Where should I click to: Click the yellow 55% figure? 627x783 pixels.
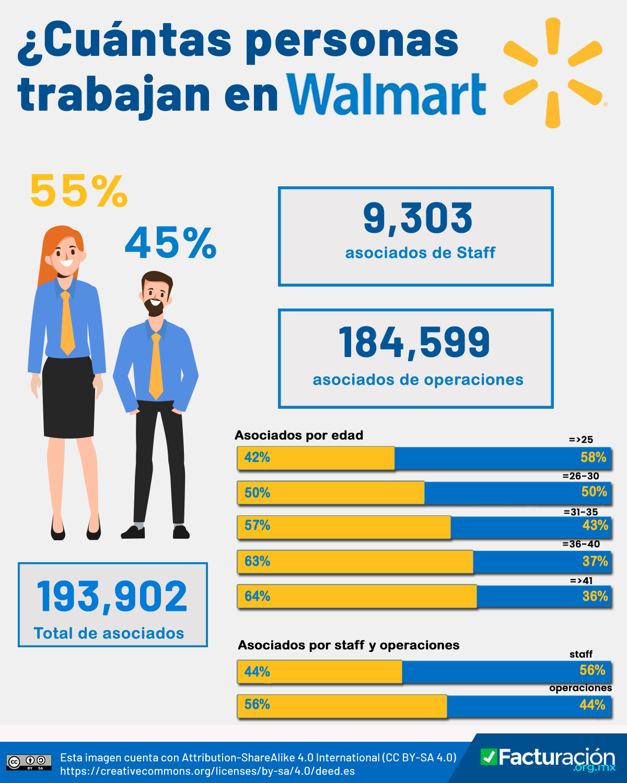coord(79,191)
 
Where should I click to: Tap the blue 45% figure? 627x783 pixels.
coord(170,243)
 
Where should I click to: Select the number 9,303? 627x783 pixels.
coord(417,218)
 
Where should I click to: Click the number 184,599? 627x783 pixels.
coord(414,342)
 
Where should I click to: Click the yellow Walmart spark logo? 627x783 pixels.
coord(553,73)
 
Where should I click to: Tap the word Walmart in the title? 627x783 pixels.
coord(386,94)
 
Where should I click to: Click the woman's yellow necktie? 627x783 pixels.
coord(67,323)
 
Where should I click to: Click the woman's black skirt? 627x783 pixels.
coord(68,397)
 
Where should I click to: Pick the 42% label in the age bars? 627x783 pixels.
coord(257,457)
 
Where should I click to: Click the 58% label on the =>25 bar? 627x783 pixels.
coord(593,457)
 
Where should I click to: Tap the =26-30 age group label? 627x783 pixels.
coord(580,476)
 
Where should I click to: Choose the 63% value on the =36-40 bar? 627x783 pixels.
coord(257,562)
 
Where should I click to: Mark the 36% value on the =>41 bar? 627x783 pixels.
coord(595,596)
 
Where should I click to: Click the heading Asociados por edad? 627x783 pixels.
coord(299,435)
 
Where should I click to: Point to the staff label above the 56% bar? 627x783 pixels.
coord(580,654)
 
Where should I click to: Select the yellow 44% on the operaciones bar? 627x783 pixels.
coord(592,705)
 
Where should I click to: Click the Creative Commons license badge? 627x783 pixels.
coord(29,762)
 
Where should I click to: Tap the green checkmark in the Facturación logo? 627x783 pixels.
coord(489,757)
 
